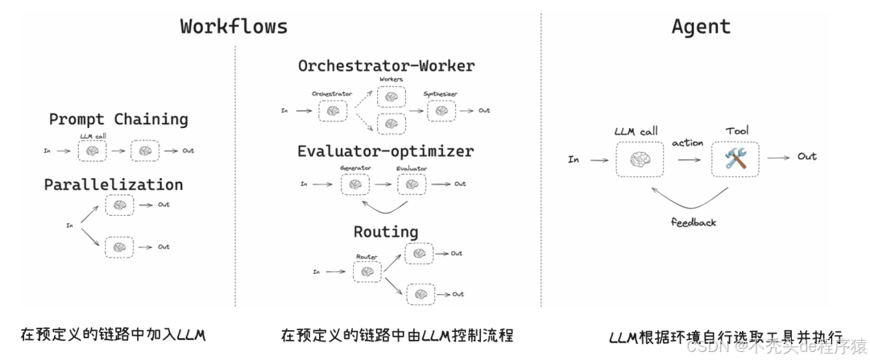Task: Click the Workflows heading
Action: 234,26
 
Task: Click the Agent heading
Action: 701,26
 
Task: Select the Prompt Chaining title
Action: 118,119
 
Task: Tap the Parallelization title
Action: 114,184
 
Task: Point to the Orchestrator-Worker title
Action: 387,65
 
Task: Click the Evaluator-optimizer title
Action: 386,151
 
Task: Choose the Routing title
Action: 386,232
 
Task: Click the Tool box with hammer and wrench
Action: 735,159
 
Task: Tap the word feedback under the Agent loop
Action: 693,221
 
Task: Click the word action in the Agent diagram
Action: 688,143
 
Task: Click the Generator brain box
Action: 354,184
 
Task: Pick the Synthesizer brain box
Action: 441,110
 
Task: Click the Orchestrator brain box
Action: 331,110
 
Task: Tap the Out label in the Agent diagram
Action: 807,156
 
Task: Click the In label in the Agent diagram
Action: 574,159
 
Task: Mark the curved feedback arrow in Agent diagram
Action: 693,200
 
